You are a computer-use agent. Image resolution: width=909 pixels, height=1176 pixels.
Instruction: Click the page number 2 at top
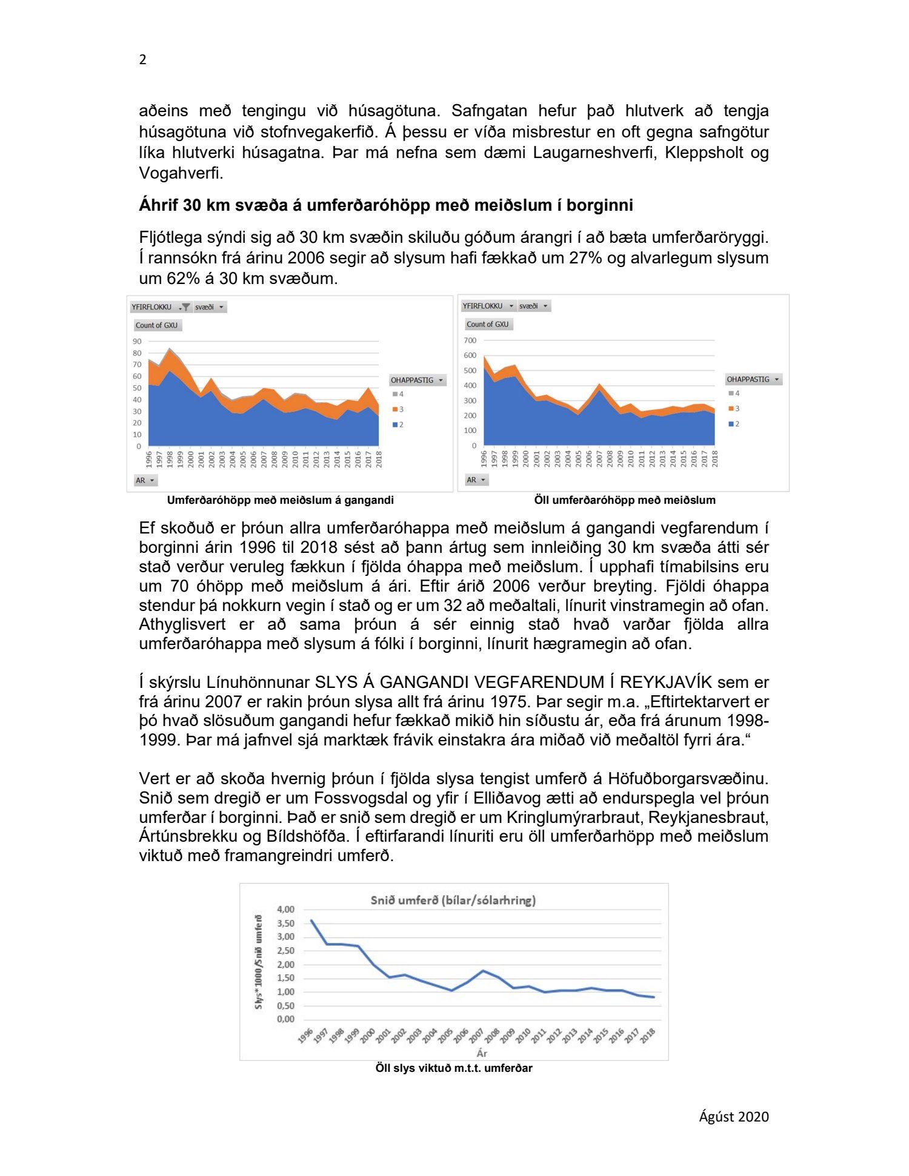point(143,59)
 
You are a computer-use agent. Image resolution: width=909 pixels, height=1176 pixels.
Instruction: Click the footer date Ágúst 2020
point(733,1117)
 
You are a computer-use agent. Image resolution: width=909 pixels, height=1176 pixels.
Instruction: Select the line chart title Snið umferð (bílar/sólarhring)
point(453,900)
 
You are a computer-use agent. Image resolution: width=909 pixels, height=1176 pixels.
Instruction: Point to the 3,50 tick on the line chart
point(285,923)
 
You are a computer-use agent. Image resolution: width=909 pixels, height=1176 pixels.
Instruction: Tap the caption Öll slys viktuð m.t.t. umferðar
point(453,1068)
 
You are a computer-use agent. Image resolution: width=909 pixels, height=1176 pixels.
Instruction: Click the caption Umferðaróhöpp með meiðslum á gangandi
point(280,500)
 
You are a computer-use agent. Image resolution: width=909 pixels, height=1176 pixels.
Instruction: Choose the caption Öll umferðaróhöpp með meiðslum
point(624,500)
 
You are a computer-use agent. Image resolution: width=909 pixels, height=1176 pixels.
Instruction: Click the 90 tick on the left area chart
point(137,342)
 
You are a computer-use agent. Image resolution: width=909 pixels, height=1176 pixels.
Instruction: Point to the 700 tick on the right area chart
point(470,341)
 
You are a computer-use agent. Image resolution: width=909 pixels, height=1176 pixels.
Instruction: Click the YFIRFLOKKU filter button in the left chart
point(161,307)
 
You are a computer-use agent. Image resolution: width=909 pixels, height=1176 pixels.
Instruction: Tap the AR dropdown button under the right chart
point(477,480)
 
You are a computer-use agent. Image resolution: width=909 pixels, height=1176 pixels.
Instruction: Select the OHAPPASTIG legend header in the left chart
point(417,380)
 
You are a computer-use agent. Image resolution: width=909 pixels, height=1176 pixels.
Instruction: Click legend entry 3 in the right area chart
point(737,409)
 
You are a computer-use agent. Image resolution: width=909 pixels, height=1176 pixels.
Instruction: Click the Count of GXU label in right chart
point(487,325)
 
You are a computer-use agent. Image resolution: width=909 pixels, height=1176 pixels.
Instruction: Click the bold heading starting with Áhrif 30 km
point(385,205)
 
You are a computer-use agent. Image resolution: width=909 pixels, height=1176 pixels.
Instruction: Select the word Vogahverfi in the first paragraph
point(181,174)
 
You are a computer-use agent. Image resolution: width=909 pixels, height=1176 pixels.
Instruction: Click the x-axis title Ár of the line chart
point(482,1053)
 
